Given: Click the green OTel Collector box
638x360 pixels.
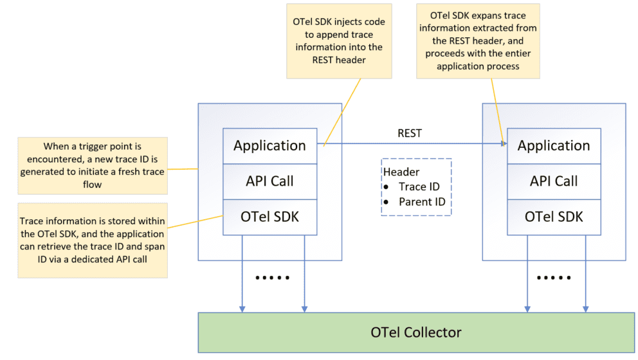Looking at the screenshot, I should click(x=416, y=332).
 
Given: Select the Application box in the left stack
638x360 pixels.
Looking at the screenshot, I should click(x=269, y=145).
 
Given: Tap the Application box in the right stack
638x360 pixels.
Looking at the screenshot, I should click(x=553, y=145).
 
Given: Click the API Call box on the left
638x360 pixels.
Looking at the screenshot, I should click(x=269, y=181).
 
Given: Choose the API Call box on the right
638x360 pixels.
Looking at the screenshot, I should click(x=553, y=181).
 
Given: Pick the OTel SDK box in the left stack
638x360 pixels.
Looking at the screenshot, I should click(x=269, y=217).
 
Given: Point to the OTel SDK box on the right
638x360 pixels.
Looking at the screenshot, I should click(x=553, y=217).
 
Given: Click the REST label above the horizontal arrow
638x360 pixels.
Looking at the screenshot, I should click(x=410, y=133).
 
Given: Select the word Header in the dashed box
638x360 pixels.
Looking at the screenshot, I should click(x=401, y=172).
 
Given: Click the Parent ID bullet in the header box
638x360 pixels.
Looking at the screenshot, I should click(x=421, y=201).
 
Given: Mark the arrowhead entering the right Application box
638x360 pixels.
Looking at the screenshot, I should click(x=503, y=145).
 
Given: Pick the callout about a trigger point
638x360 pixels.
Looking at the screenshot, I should click(x=93, y=165).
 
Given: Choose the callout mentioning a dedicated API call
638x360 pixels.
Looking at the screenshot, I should click(x=93, y=239).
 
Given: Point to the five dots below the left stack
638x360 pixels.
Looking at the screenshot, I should click(x=273, y=278).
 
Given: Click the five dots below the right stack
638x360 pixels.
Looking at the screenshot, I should click(x=554, y=278).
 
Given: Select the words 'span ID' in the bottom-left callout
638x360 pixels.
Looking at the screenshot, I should click(x=143, y=244).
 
